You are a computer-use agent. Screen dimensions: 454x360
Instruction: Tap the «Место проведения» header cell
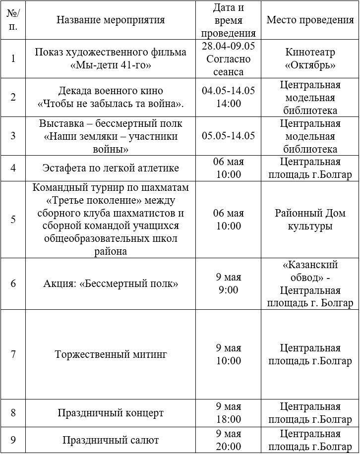coord(310,20)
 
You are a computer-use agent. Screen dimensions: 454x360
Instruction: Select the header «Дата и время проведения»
coord(229,20)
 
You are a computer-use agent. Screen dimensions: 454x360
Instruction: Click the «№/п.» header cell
coord(13,20)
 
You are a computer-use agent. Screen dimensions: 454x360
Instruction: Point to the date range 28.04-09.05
coord(229,46)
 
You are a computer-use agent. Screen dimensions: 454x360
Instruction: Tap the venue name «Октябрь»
coord(310,65)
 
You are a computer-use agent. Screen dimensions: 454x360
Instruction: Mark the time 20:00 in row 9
coord(229,446)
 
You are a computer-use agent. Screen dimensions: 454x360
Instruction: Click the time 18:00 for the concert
coord(229,419)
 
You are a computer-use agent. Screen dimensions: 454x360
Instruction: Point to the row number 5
coord(13,220)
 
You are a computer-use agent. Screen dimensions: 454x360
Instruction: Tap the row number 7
coord(13,354)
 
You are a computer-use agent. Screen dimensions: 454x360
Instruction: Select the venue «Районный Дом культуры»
coord(310,220)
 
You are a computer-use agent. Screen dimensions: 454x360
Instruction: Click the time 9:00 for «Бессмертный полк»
coord(229,290)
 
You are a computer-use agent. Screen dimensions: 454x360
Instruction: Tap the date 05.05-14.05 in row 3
coord(229,136)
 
